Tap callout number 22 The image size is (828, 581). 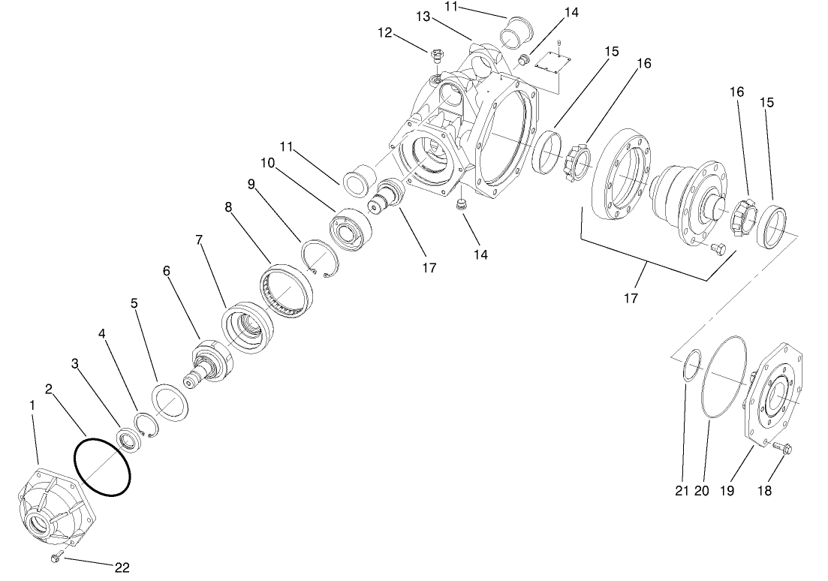pos(122,567)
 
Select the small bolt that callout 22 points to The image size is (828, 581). pos(56,557)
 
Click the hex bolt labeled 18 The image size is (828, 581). pos(783,449)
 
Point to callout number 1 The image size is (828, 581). pos(32,405)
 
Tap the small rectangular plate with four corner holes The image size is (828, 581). pos(556,65)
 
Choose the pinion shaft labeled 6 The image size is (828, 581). pos(209,364)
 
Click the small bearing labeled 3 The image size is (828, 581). pos(131,441)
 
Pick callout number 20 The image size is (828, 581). pos(701,491)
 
